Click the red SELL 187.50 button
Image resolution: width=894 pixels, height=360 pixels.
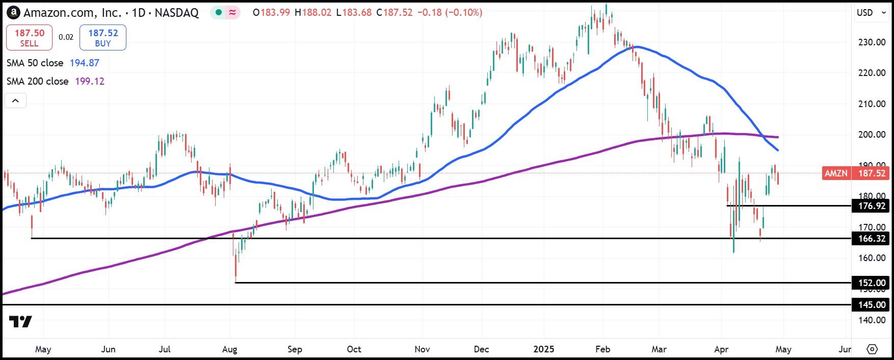point(29,38)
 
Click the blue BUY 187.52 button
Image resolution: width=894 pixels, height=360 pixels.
point(103,38)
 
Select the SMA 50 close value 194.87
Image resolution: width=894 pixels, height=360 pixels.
point(85,63)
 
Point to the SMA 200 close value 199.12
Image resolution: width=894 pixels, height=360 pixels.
point(90,81)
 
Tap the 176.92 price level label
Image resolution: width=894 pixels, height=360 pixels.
point(872,206)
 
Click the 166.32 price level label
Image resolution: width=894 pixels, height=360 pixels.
point(872,239)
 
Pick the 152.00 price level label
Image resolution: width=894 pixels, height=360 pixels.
point(872,283)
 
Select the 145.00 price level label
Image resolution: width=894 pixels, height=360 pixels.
point(872,305)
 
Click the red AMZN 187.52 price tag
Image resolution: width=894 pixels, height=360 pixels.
point(856,173)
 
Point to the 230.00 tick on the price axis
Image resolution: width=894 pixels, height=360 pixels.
point(872,42)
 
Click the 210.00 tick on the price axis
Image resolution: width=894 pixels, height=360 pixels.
point(872,104)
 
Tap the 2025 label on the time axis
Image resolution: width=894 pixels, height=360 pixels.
point(543,349)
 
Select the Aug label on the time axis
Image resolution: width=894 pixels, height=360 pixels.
point(230,349)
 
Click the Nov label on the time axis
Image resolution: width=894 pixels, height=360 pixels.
point(423,349)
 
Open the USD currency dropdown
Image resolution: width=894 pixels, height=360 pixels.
point(871,13)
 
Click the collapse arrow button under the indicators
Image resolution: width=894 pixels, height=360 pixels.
point(15,100)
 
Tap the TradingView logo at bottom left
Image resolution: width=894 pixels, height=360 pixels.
point(20,321)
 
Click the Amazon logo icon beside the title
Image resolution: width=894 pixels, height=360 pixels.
point(14,13)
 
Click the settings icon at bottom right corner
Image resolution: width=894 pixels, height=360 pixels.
point(872,349)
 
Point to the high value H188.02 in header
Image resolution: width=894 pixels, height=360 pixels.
point(316,12)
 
